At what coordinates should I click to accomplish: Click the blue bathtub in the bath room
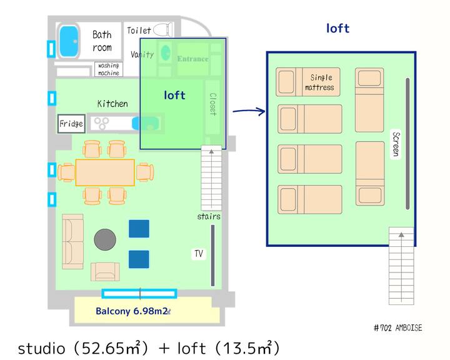tap(69, 41)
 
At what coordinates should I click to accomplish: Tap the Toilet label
tap(139, 31)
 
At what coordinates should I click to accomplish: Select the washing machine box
tap(109, 69)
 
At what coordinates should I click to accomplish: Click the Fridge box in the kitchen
tap(71, 124)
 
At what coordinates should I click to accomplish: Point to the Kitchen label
tap(112, 104)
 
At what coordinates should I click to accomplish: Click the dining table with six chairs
tap(105, 172)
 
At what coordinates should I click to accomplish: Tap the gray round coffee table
tap(105, 239)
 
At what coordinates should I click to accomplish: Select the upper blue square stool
tap(139, 229)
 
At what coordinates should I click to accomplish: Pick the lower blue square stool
tap(139, 259)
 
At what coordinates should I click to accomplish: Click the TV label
tap(199, 254)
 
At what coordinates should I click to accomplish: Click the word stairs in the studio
tap(209, 216)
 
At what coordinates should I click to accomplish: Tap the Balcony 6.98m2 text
tap(132, 311)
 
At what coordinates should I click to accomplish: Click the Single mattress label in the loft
tap(320, 82)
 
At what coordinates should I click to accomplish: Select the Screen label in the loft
tap(396, 144)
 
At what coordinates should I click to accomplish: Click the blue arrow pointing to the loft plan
tap(249, 111)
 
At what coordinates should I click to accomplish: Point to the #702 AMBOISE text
tap(397, 328)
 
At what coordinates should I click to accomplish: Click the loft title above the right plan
tap(337, 28)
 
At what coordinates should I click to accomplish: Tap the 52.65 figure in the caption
tap(103, 348)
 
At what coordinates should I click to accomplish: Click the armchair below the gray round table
tap(106, 272)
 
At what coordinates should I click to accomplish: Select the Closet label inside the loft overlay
tap(213, 104)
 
